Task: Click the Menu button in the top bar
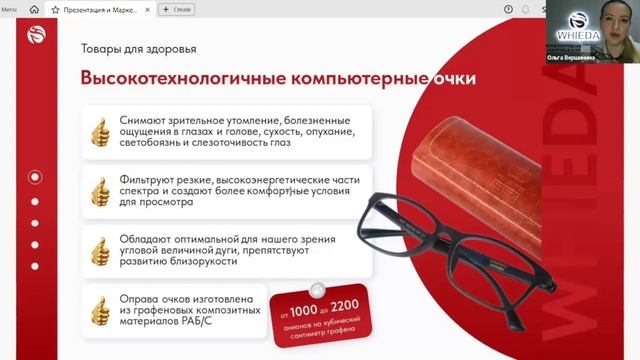[x=9, y=9]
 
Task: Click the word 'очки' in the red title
[x=449, y=79]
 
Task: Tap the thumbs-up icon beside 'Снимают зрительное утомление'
[x=99, y=130]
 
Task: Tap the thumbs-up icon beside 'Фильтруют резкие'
[x=99, y=190]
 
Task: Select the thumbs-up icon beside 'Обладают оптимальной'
[x=99, y=250]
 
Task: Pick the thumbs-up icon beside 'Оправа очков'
[x=99, y=310]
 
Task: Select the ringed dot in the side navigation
[x=35, y=177]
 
